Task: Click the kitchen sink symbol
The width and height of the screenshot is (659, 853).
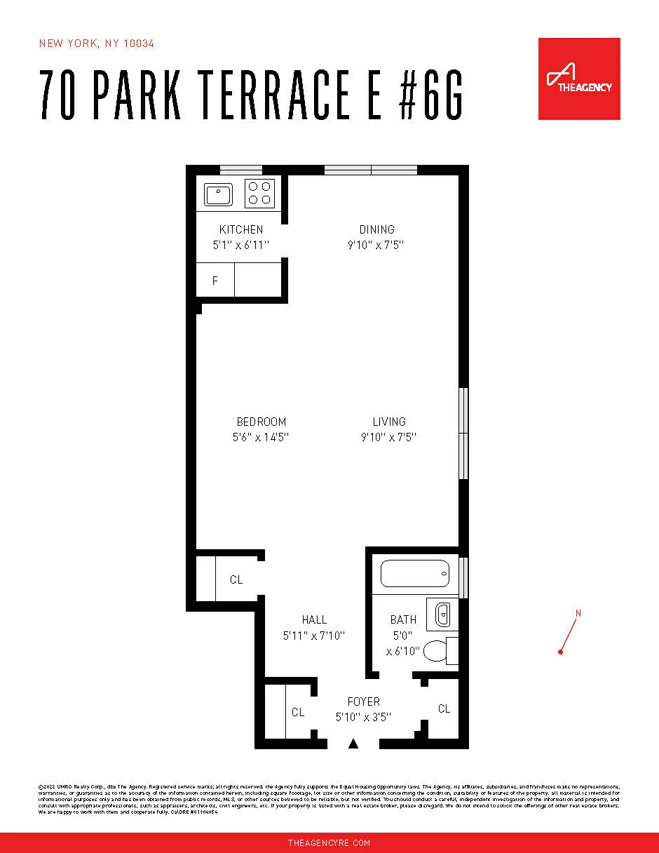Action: click(218, 194)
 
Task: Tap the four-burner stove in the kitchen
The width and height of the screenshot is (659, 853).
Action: click(259, 194)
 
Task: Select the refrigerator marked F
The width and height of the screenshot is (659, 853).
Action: click(215, 281)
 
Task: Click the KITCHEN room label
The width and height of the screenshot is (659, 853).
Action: click(241, 229)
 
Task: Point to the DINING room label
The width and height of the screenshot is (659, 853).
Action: click(376, 229)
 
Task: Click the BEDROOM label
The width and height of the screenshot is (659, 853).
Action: click(261, 422)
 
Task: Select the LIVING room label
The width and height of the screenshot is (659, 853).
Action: click(389, 422)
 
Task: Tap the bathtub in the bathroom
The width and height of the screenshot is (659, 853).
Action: click(414, 575)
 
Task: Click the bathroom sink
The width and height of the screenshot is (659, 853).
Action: click(442, 615)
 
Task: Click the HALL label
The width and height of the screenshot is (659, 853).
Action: click(314, 619)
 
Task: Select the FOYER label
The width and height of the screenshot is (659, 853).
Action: click(363, 701)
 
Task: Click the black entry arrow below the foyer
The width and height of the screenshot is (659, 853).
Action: click(354, 744)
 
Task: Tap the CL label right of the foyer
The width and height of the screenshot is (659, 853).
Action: click(444, 709)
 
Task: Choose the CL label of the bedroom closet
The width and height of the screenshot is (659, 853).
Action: click(236, 579)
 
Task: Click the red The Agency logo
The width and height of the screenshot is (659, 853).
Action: click(579, 79)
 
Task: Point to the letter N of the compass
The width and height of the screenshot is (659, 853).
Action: click(578, 614)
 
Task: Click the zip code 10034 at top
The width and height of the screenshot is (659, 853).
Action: click(139, 43)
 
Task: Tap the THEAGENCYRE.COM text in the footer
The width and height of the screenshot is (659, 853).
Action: click(329, 842)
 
